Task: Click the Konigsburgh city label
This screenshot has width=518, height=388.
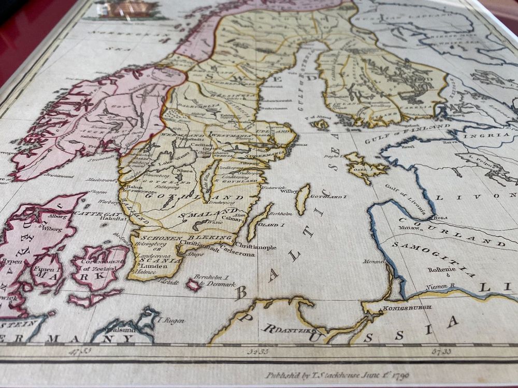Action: point(400,308)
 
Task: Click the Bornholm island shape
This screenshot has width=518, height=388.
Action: point(194,284)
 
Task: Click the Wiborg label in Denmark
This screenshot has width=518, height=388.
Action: point(52,228)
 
